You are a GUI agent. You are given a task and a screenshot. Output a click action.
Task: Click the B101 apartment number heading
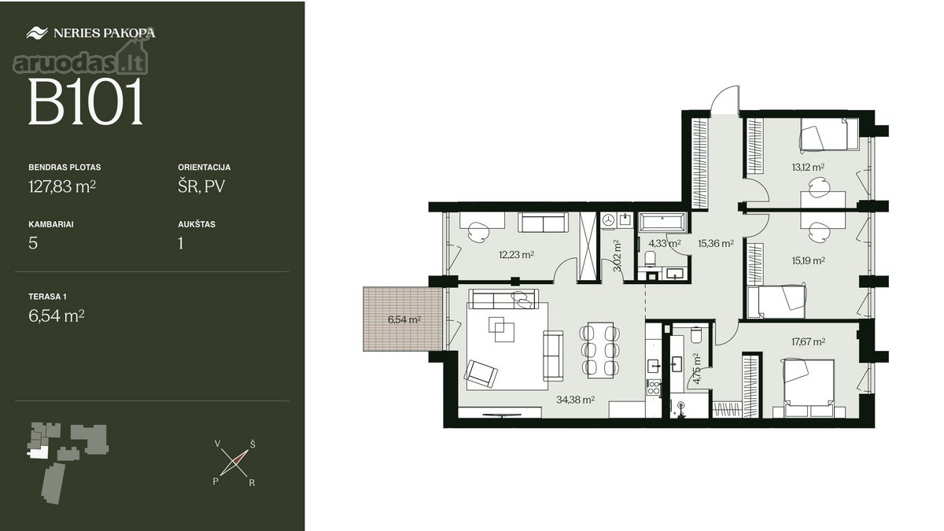point(86,102)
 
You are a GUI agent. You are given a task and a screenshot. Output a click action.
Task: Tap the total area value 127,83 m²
point(62,186)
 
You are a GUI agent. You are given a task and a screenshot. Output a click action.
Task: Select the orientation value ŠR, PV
point(201,186)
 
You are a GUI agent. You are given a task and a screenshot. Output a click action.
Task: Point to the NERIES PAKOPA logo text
point(104,33)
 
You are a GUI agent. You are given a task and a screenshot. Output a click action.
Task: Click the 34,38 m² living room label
point(575,400)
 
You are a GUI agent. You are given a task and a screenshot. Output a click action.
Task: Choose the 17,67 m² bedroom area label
point(808,341)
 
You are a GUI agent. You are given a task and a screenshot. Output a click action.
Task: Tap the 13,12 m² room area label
point(808,168)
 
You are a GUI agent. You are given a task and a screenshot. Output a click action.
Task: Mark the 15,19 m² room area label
point(808,260)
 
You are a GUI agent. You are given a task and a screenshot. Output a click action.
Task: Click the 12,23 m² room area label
point(516,255)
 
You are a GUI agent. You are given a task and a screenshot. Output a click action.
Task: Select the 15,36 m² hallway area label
point(716,243)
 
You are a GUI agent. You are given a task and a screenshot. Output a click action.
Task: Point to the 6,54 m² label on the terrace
point(404,319)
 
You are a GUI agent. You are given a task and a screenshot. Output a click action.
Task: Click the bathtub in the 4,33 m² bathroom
point(663,223)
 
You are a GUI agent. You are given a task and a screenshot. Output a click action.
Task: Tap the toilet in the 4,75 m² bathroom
point(695,334)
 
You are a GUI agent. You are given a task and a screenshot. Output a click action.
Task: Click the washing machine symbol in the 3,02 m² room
point(608,220)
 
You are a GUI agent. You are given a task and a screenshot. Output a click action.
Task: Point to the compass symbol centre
point(234,463)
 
